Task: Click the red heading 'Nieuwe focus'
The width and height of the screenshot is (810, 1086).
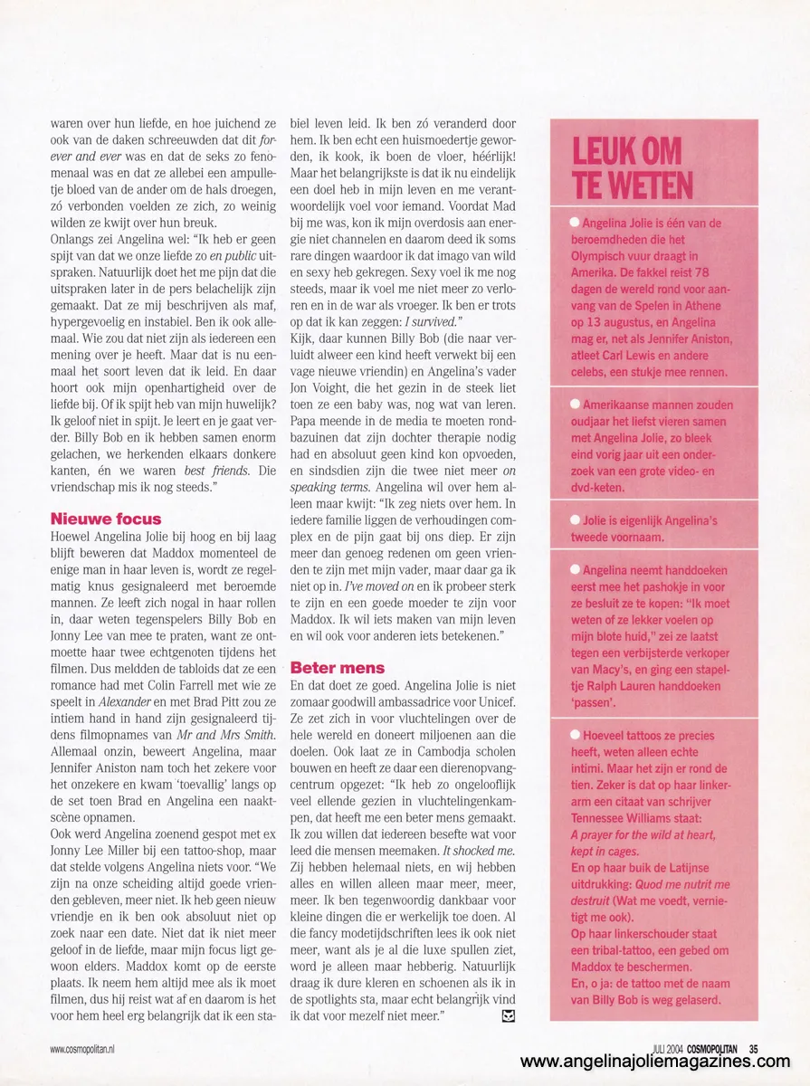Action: pyautogui.click(x=106, y=519)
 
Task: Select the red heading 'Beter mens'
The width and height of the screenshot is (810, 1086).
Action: pyautogui.click(x=338, y=667)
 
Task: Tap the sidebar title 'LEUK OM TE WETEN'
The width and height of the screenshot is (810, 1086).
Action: pyautogui.click(x=633, y=169)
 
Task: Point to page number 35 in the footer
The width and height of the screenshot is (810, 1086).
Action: pyautogui.click(x=753, y=1049)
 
